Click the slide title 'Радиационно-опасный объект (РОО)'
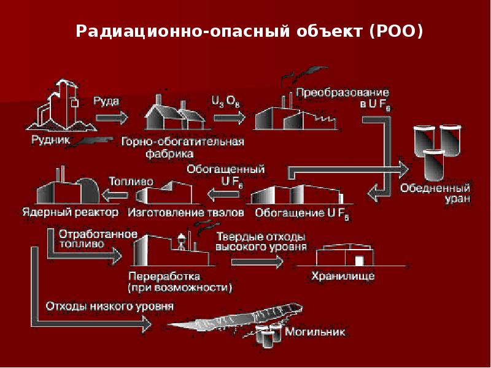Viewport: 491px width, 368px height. [x=249, y=31]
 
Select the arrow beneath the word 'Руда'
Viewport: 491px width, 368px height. [x=111, y=115]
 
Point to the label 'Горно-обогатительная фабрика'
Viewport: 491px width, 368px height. [x=182, y=147]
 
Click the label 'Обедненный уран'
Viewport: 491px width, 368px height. [x=436, y=193]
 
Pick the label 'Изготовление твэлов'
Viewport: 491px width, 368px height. [x=186, y=213]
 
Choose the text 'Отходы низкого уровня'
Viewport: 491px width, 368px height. [x=109, y=305]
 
